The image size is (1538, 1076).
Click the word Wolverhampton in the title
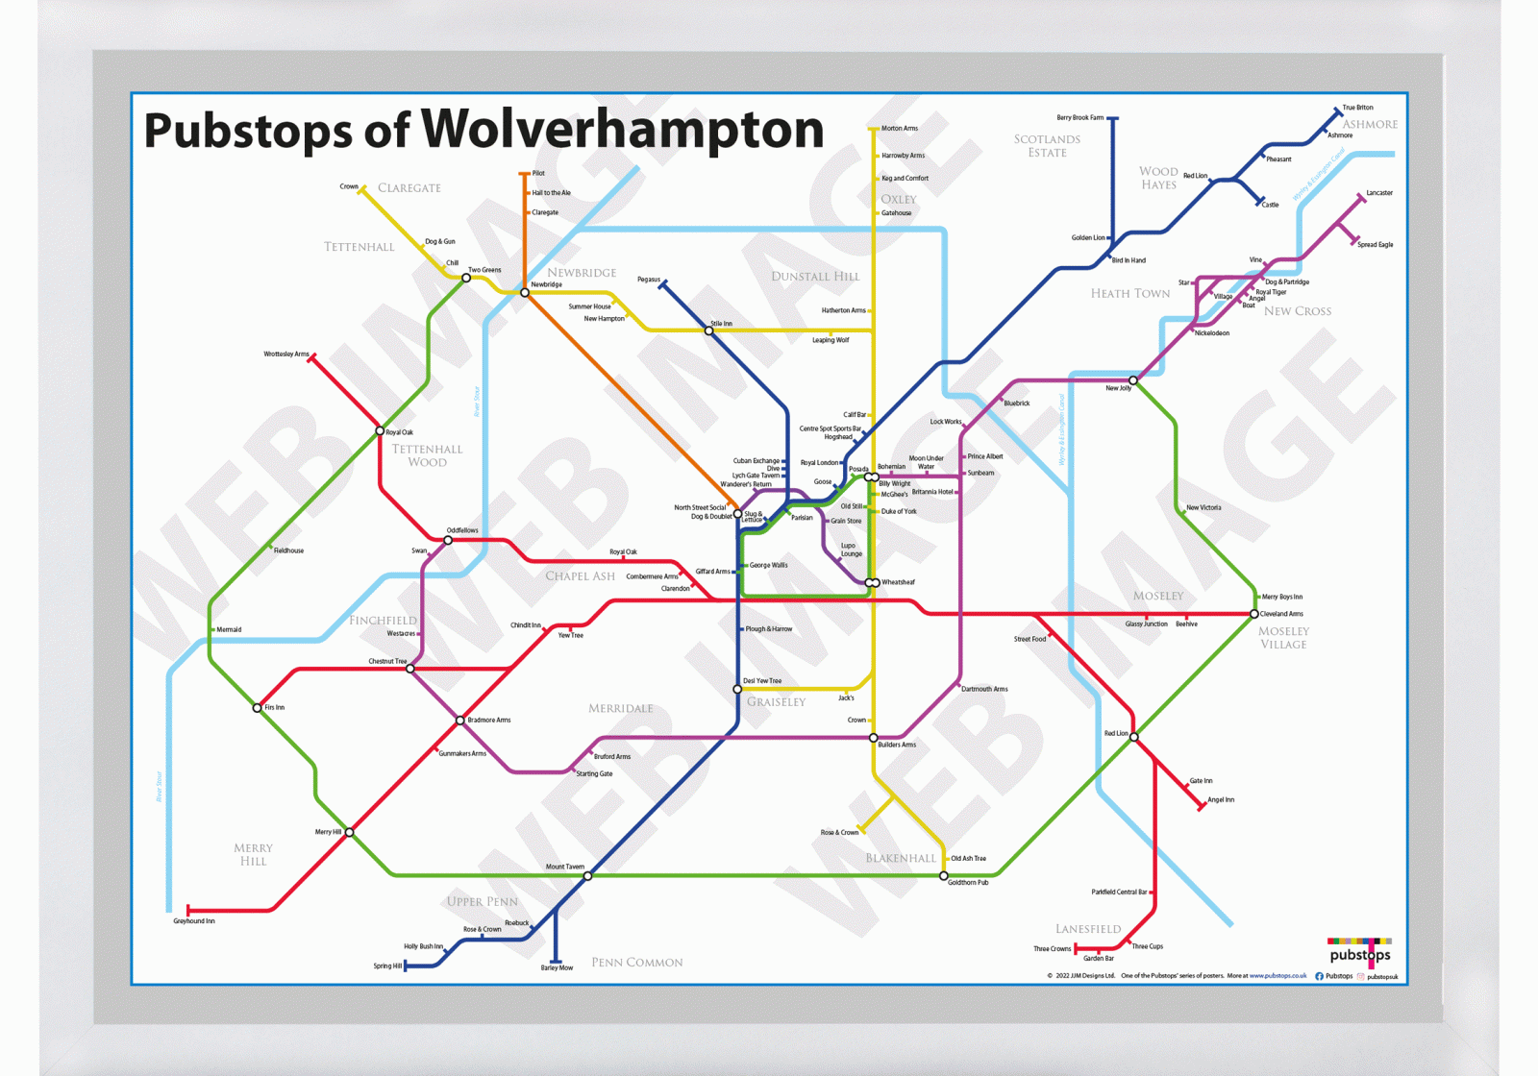(622, 130)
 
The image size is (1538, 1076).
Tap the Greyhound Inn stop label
(193, 921)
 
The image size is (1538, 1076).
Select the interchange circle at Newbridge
(525, 293)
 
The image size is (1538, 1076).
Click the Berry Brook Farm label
(1079, 118)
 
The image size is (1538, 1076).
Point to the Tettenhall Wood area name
(427, 455)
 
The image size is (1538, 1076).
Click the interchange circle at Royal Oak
(380, 431)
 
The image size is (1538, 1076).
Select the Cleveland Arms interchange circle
(1253, 614)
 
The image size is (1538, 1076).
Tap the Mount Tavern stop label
(564, 867)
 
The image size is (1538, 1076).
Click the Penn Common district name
(636, 962)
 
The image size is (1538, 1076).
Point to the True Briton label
(1357, 108)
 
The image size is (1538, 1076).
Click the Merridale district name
(620, 708)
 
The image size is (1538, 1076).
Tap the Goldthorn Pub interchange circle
(944, 876)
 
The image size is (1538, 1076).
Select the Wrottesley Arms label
(286, 355)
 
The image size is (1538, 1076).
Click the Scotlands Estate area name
(1047, 146)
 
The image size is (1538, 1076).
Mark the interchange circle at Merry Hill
(349, 832)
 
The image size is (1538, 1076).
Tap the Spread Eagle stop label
(1375, 245)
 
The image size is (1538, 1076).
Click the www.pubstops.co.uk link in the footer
(1278, 976)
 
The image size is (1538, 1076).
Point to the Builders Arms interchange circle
(873, 738)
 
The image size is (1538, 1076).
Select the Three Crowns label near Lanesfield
(1052, 949)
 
